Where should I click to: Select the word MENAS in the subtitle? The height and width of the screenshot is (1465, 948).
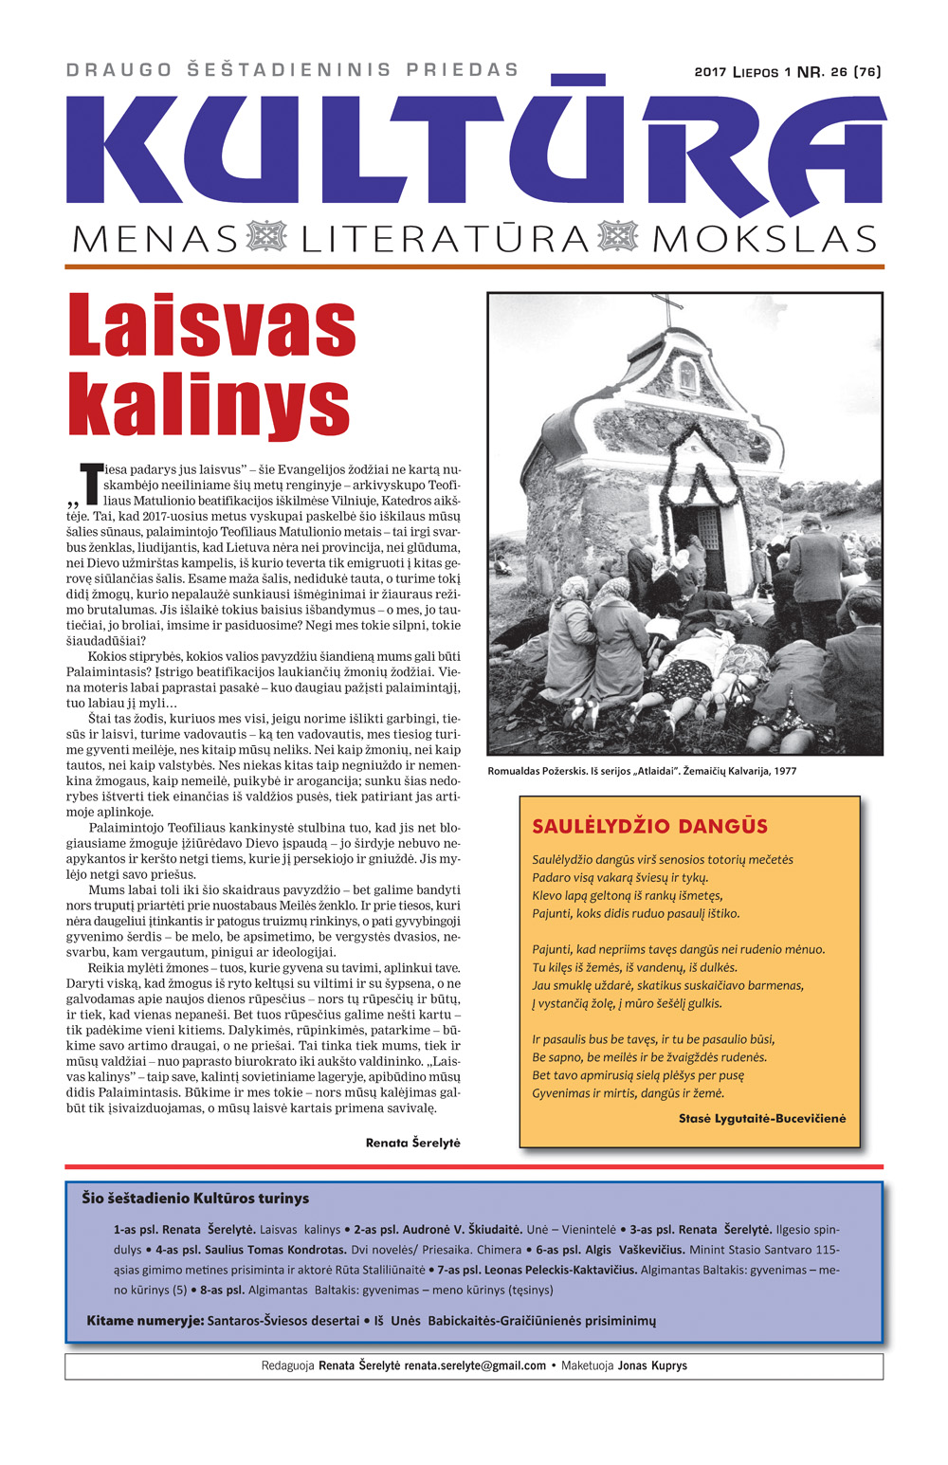[155, 239]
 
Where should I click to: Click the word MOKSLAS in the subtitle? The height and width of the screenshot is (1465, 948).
[764, 239]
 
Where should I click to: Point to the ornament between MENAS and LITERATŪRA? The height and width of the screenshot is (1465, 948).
[266, 237]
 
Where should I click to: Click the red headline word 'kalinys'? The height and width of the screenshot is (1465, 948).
[209, 406]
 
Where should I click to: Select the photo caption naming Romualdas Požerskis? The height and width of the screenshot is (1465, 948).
[642, 771]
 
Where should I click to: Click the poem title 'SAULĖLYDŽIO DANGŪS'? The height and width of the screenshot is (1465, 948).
[649, 826]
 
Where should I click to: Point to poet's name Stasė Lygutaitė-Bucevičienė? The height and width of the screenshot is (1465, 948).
[762, 1118]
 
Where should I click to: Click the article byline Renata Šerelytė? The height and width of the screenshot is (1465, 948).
[412, 1143]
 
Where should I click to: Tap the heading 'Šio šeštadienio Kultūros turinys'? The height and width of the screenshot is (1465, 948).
[195, 1198]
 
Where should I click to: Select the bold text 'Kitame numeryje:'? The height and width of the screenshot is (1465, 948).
[145, 1320]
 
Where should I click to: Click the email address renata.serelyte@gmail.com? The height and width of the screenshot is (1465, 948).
[475, 1365]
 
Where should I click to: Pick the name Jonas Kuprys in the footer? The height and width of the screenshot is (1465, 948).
[652, 1365]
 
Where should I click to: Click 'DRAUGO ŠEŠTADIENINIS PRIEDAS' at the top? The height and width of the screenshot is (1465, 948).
[293, 70]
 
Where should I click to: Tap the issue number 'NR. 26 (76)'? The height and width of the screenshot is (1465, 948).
[839, 72]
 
